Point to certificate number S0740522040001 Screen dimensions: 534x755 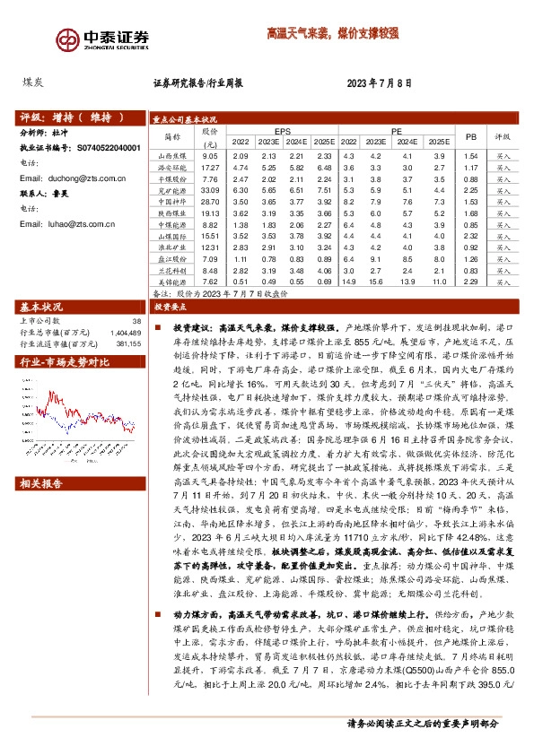pyautogui.click(x=104, y=147)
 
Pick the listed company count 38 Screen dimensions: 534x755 pyautogui.click(x=136, y=319)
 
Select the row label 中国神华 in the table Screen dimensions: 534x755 pyautogui.click(x=171, y=202)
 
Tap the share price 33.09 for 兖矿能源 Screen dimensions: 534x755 pyautogui.click(x=210, y=190)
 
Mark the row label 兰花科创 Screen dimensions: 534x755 pyautogui.click(x=171, y=270)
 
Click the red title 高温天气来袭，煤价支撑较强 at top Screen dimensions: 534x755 pyautogui.click(x=332, y=33)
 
